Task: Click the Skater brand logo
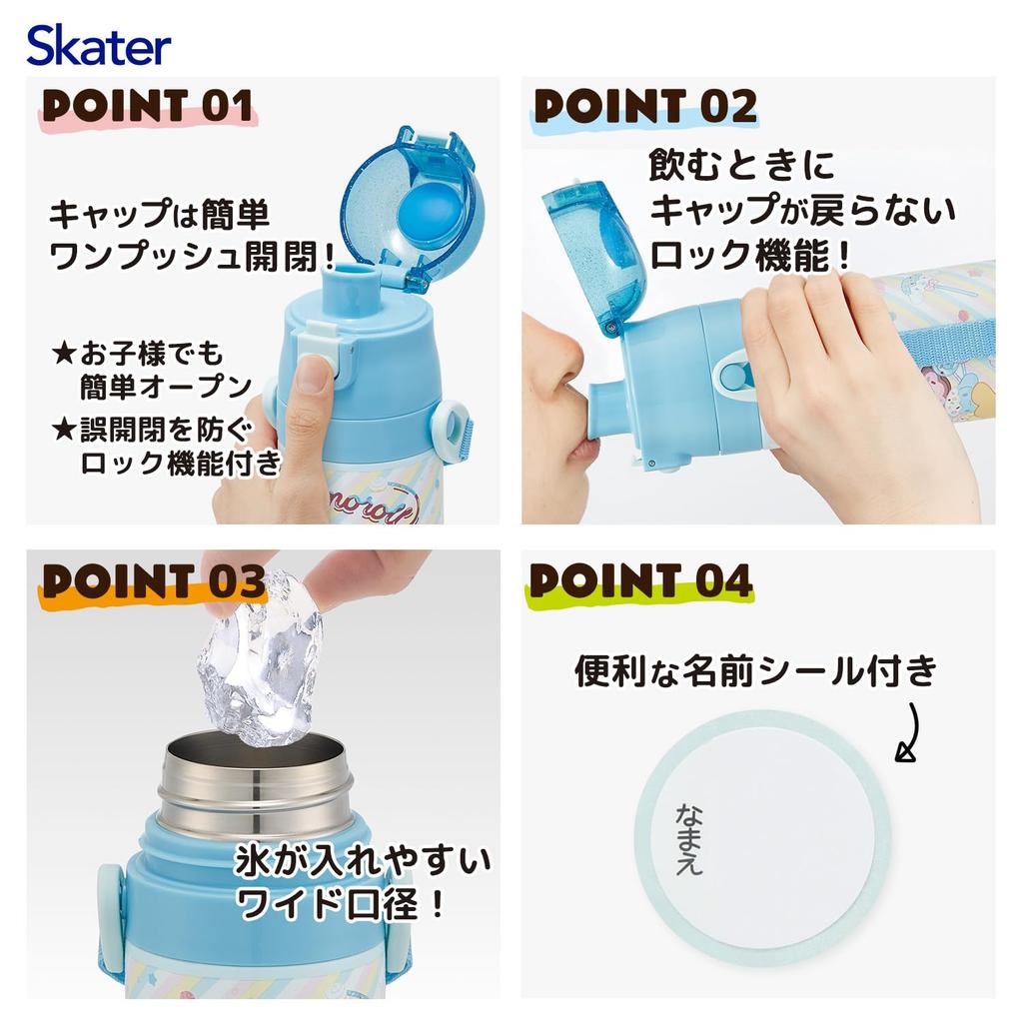point(99,46)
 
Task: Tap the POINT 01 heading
point(146,107)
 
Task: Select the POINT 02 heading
point(645,107)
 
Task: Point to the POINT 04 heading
point(640,580)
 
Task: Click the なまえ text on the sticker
point(688,838)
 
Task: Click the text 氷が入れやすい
point(364,861)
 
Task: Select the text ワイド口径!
point(340,905)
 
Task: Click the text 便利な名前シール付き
point(755,671)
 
